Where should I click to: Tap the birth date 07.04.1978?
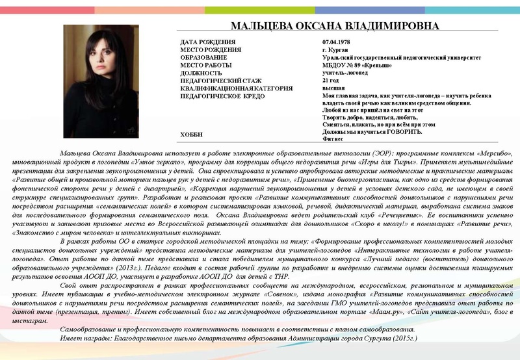click(337, 42)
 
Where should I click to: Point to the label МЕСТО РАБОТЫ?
click(208, 65)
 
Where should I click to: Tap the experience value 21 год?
click(331, 80)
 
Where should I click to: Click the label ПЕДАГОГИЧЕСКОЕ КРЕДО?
click(222, 96)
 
